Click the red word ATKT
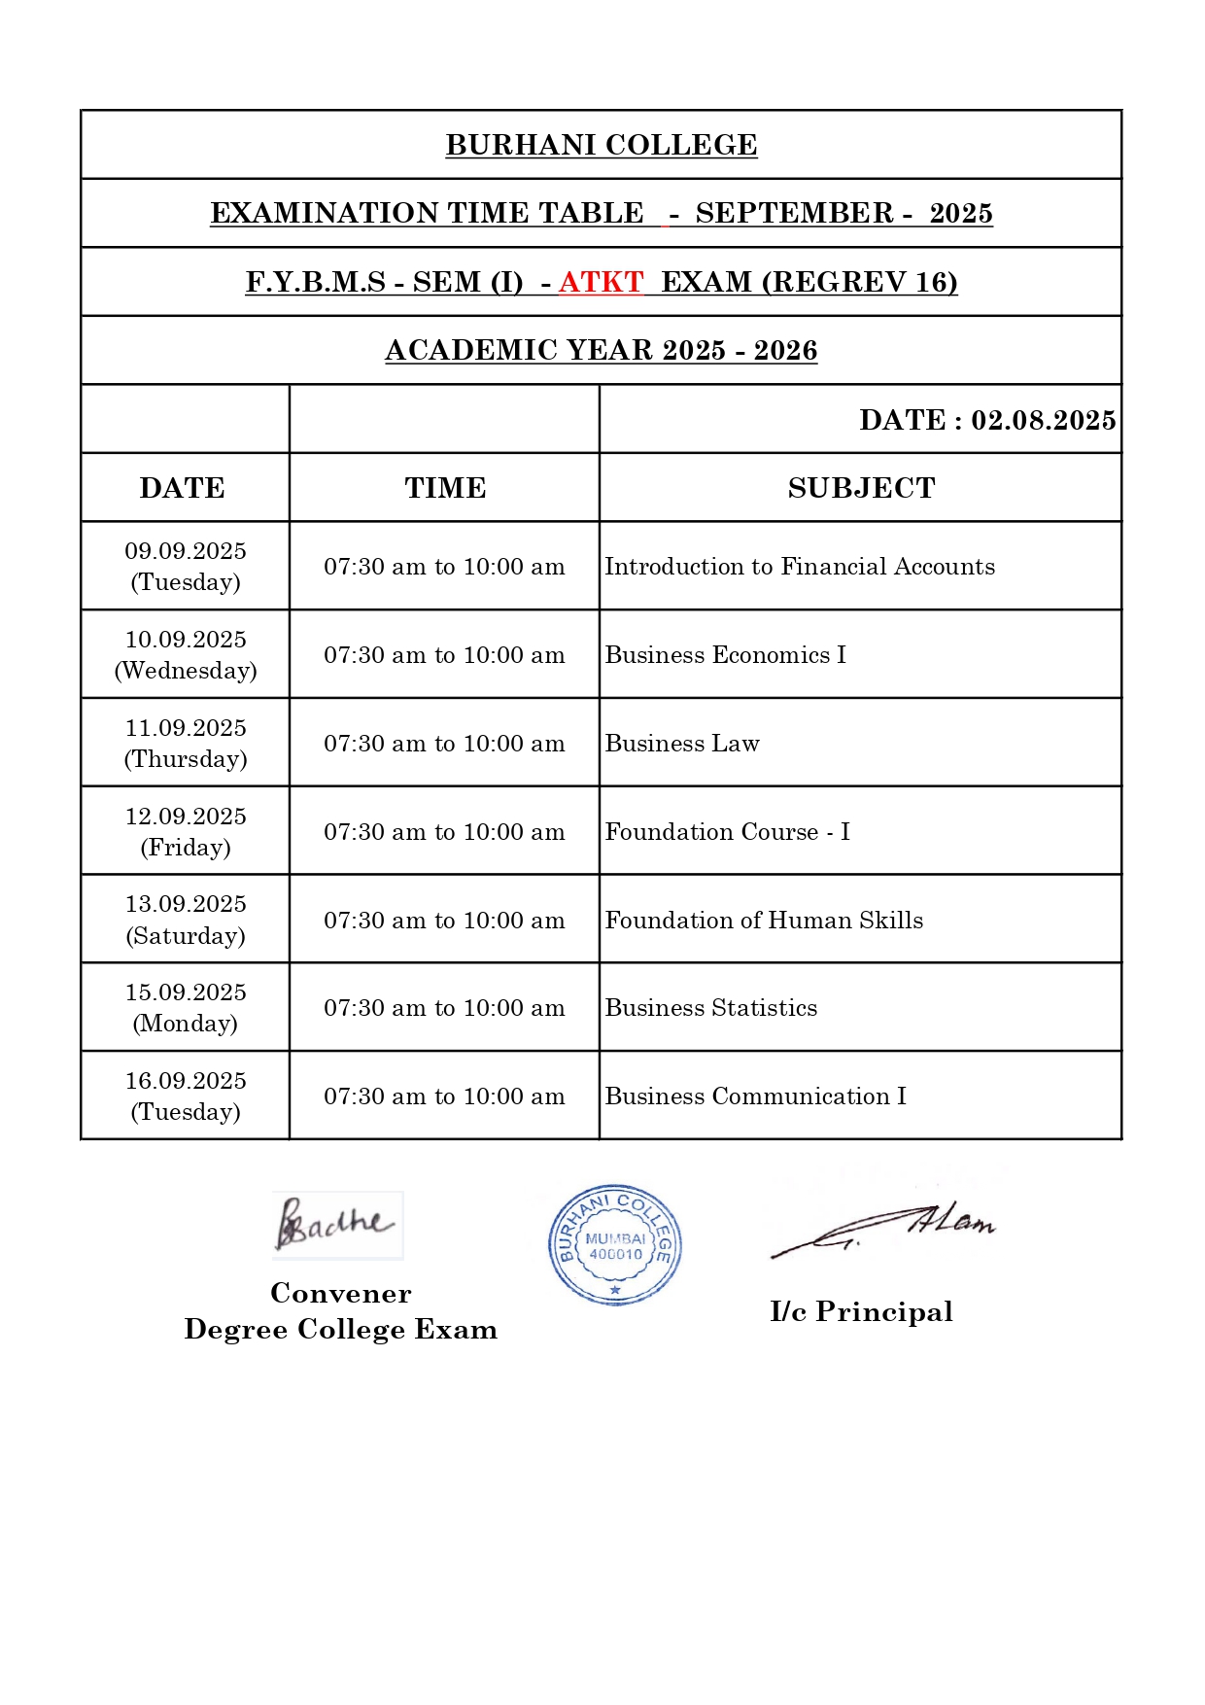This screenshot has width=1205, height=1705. [601, 282]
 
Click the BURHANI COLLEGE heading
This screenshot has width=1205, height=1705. [602, 145]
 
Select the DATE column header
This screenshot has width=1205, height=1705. [183, 488]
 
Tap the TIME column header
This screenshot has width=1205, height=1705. [445, 488]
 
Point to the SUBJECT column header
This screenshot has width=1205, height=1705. [861, 488]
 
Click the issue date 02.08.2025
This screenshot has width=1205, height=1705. [1043, 420]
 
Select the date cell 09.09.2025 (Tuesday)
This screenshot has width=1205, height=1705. [186, 567]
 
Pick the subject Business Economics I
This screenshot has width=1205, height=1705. [725, 655]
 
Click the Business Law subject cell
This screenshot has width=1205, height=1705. [682, 744]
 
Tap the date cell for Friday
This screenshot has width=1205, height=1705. [186, 832]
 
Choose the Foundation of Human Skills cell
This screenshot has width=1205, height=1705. [764, 921]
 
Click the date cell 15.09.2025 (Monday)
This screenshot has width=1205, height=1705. [186, 1008]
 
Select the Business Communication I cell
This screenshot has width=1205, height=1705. [755, 1096]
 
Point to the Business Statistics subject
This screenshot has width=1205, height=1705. [710, 1008]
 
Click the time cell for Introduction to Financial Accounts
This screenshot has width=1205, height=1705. [444, 567]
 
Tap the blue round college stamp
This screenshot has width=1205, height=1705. [614, 1244]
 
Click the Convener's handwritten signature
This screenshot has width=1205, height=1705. [335, 1225]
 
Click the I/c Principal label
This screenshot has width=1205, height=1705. [861, 1312]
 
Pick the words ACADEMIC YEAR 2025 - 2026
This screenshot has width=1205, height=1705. [602, 351]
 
